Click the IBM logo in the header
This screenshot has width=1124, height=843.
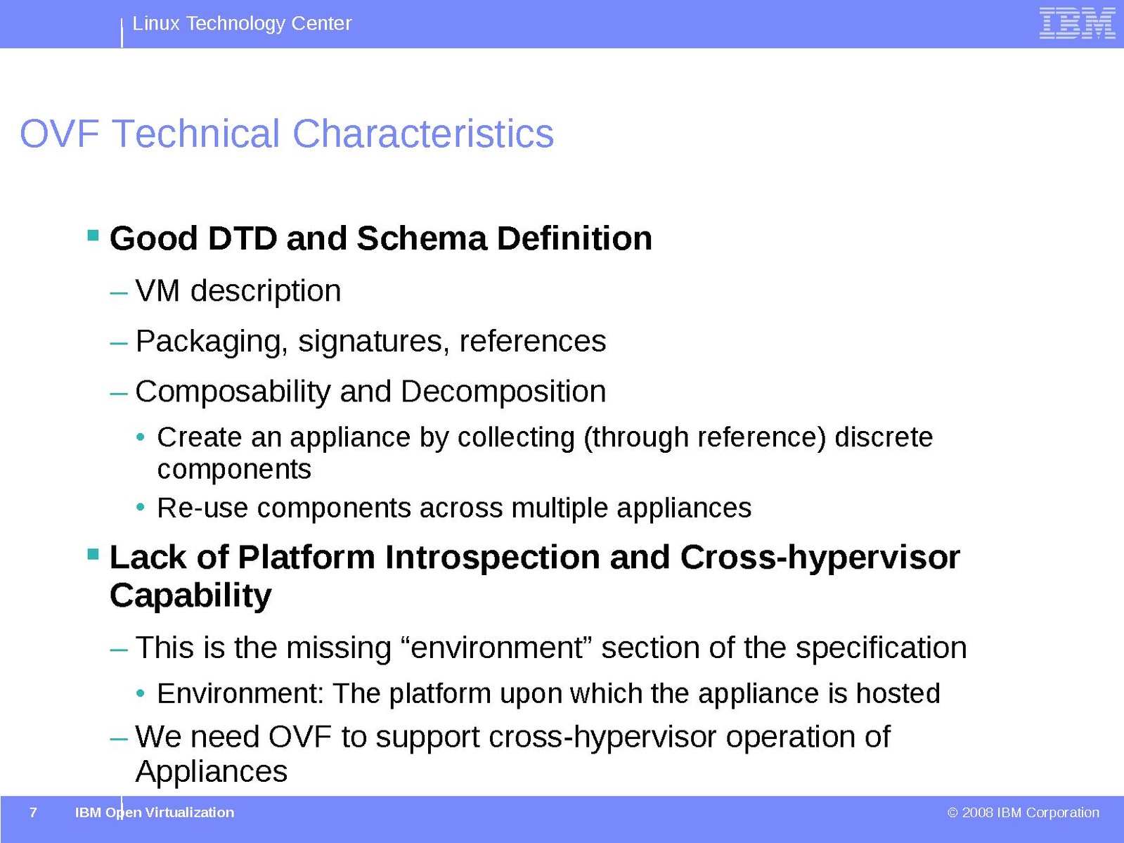point(1077,23)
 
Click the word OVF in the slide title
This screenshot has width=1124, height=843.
point(60,134)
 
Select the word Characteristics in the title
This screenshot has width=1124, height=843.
point(423,134)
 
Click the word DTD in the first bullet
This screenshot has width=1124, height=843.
point(243,238)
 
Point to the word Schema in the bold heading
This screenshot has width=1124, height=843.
point(422,238)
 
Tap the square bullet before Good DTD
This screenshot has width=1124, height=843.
point(93,235)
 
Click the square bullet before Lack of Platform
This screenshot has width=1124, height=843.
point(93,554)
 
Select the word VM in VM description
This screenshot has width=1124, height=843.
point(157,291)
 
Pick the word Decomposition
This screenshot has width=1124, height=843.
point(503,392)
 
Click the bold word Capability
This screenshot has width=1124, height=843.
point(190,596)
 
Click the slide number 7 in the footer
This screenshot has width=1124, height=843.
point(33,812)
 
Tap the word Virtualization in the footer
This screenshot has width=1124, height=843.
point(190,812)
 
